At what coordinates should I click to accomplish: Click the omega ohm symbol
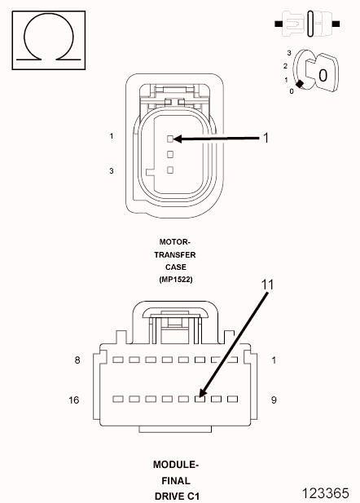(x=49, y=39)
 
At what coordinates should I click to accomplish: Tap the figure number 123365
(x=329, y=492)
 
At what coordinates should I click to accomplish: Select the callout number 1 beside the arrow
(x=265, y=139)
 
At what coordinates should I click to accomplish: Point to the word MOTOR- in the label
(x=175, y=242)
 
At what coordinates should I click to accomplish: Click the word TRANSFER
(x=175, y=254)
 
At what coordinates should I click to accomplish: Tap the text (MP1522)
(x=175, y=279)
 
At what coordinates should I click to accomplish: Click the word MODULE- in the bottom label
(x=176, y=464)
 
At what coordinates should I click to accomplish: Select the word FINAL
(x=176, y=480)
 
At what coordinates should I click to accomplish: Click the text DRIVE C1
(x=176, y=496)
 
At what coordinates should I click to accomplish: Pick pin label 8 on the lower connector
(x=77, y=360)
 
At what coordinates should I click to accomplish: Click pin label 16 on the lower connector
(x=74, y=399)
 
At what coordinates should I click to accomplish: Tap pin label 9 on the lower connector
(x=274, y=399)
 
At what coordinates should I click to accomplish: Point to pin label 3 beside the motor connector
(x=111, y=170)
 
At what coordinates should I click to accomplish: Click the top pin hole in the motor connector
(x=170, y=139)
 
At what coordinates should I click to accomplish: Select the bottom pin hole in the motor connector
(x=170, y=170)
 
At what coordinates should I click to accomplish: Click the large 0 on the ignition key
(x=323, y=75)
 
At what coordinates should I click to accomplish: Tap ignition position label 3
(x=289, y=52)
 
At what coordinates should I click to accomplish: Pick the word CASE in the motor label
(x=175, y=267)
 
